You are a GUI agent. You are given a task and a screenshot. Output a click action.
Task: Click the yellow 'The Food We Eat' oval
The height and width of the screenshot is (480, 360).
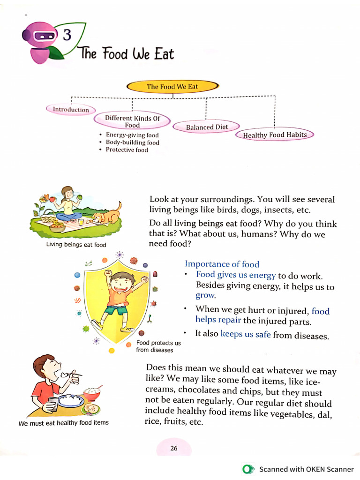tap(172, 87)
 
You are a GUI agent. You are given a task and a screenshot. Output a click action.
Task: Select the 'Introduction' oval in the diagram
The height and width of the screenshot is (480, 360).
tap(70, 110)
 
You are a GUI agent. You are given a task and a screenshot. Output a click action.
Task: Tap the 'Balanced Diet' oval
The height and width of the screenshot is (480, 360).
tap(207, 127)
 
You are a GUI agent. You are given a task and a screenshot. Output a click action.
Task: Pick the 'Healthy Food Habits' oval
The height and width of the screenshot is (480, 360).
tap(275, 135)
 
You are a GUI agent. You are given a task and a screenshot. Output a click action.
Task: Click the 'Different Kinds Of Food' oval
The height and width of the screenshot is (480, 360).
tap(132, 121)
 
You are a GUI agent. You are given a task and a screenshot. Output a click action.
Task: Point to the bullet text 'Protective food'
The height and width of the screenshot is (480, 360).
tap(127, 150)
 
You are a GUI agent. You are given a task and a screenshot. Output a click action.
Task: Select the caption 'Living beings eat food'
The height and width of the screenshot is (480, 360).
tap(76, 245)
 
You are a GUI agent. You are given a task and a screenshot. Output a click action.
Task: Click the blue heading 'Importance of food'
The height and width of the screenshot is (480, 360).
tap(222, 264)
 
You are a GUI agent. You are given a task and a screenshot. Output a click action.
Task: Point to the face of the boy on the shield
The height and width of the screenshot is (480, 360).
tap(121, 283)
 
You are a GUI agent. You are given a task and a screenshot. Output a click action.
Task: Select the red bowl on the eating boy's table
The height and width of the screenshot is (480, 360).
tap(92, 393)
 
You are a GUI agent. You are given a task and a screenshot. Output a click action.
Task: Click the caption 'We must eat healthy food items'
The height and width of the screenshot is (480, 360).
tap(63, 422)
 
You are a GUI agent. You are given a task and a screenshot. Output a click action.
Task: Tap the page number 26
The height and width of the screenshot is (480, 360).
tap(174, 448)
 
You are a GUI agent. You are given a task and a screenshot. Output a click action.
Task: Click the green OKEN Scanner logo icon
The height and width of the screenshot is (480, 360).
tap(248, 469)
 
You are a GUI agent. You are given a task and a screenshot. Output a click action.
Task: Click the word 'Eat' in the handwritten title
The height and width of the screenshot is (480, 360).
tap(164, 54)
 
